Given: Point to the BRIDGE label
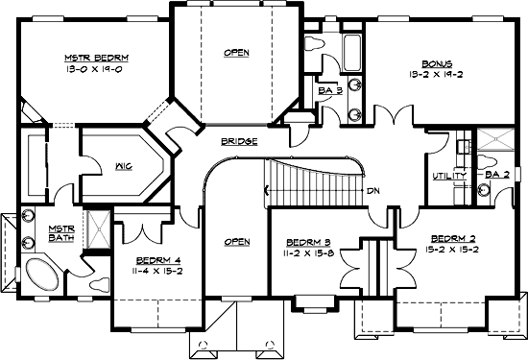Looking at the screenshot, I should coord(238,142).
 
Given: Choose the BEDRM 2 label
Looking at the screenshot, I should coord(449,238).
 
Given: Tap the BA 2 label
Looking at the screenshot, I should coord(496,176).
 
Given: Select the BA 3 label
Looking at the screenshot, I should coord(331,91).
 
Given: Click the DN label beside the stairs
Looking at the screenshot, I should coord(372,190).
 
